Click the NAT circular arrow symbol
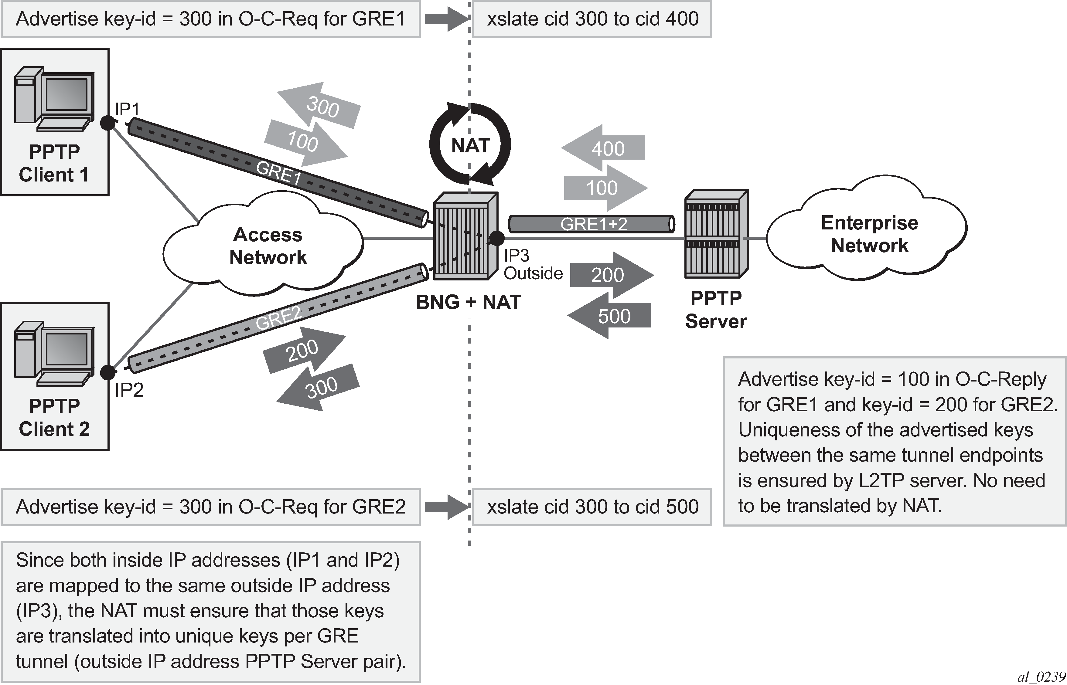point(470,144)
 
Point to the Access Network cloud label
point(268,246)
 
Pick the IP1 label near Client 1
point(127,109)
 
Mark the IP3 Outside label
point(532,265)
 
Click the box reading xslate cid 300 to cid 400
point(592,19)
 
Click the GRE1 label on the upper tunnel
point(279,173)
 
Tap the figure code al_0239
point(1041,677)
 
